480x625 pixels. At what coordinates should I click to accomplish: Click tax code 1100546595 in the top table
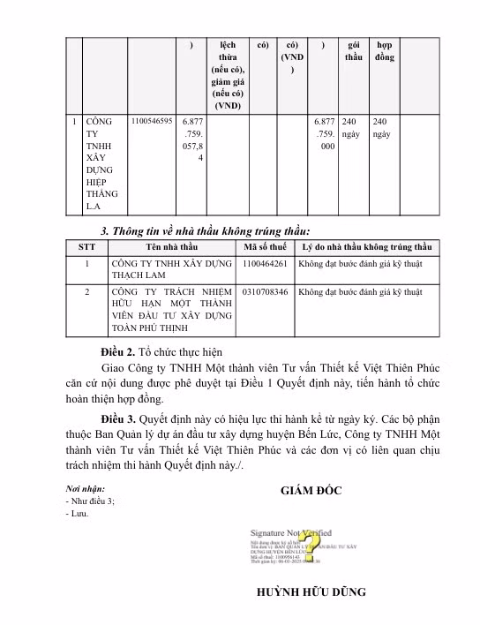(152, 121)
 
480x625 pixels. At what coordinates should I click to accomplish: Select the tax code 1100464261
(266, 263)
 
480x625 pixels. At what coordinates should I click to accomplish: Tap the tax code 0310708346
(266, 290)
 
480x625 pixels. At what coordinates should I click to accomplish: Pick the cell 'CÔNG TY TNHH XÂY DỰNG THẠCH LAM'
(170, 269)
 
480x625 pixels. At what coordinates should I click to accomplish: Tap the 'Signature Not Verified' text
(290, 533)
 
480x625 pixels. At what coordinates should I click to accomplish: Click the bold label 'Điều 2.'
(116, 351)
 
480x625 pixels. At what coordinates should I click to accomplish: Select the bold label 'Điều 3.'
(116, 419)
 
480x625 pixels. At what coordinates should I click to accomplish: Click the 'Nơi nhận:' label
(85, 489)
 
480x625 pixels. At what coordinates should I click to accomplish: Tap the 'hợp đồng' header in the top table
(385, 50)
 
